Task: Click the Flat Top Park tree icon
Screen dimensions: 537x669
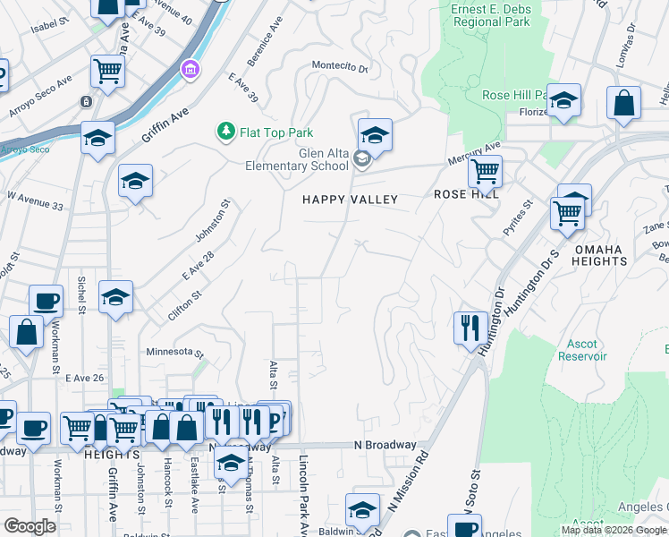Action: pyautogui.click(x=226, y=132)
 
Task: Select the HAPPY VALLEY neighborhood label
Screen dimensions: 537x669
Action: pyautogui.click(x=350, y=200)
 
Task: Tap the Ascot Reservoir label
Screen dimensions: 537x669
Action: pyautogui.click(x=587, y=350)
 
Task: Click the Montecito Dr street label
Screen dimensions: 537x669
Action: pyautogui.click(x=340, y=65)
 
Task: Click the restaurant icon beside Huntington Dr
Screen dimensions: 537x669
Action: pyautogui.click(x=470, y=328)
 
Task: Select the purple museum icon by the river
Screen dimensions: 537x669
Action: pyautogui.click(x=190, y=69)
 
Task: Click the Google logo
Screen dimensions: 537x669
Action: pyautogui.click(x=30, y=527)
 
